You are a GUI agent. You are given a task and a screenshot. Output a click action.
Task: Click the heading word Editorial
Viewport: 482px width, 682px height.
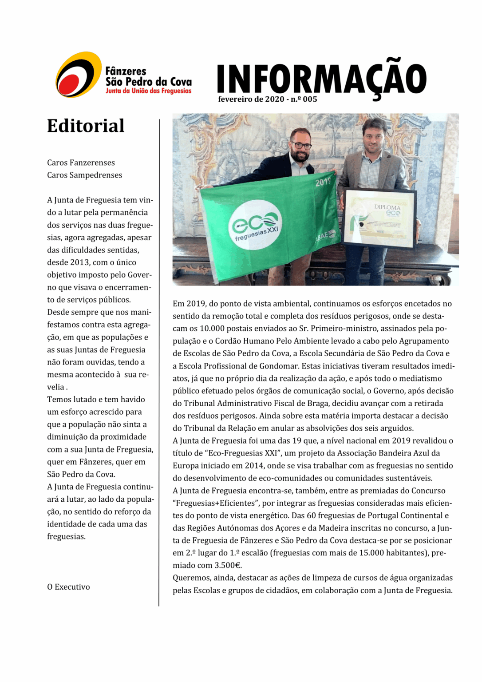tap(86, 126)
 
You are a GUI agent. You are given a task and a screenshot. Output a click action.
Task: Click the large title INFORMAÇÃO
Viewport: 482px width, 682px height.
tap(321, 79)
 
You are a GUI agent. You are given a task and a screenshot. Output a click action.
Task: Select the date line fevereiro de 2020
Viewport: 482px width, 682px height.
tap(251, 99)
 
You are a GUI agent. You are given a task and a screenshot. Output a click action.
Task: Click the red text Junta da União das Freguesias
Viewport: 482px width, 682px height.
tap(148, 91)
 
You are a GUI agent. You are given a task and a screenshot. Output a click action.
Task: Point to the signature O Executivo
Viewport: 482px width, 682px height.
tap(68, 587)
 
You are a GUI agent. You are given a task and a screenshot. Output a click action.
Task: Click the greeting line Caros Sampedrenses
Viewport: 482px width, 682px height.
tap(84, 175)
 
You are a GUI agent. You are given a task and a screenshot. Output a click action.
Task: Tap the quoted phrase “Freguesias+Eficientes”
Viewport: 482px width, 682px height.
tap(215, 503)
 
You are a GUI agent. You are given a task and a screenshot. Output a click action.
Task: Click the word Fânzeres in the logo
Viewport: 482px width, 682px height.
tap(126, 71)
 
